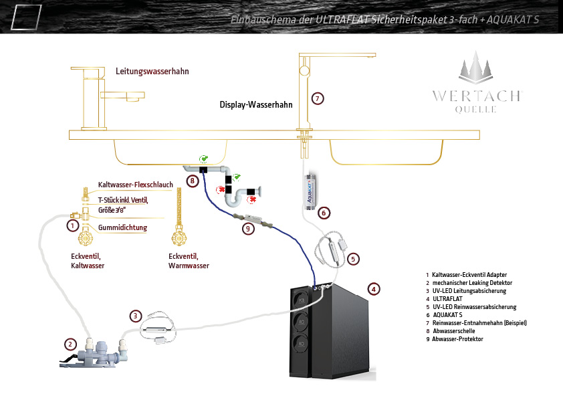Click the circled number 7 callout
[x=318, y=98]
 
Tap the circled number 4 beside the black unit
[x=373, y=289]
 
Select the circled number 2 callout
[x=70, y=344]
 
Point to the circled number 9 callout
[x=248, y=229]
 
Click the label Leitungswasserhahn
[x=152, y=71]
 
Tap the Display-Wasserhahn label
[x=256, y=104]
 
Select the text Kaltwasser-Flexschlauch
[x=135, y=185]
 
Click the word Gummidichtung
[x=122, y=227]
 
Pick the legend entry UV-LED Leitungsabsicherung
[x=469, y=291]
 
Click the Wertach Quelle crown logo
[x=475, y=68]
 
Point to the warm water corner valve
[x=179, y=235]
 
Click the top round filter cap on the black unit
[x=302, y=300]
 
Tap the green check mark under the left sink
[x=203, y=159]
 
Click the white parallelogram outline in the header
[x=26, y=17]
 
